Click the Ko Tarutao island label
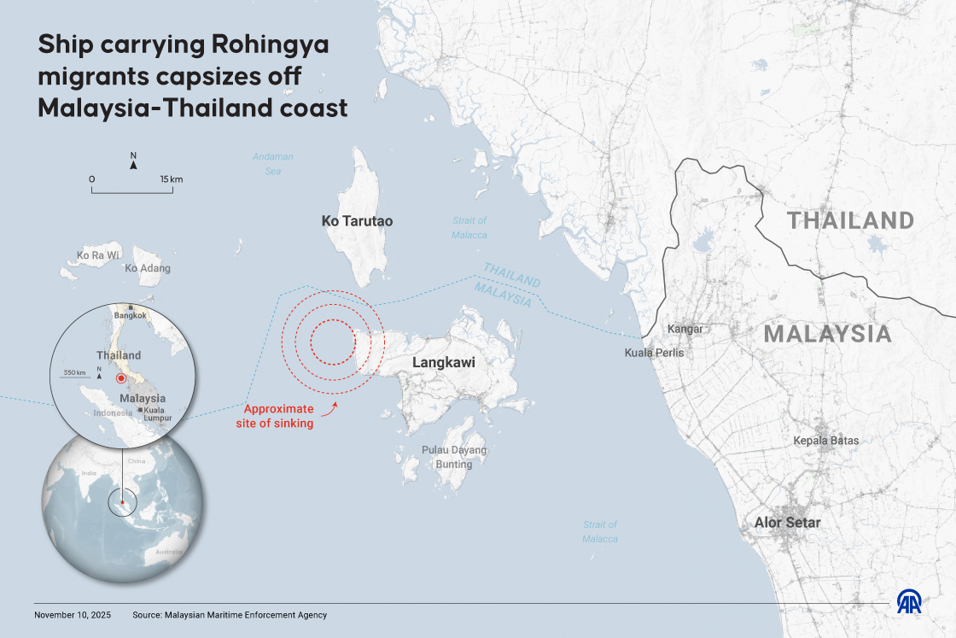click(x=357, y=221)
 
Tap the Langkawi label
click(x=443, y=363)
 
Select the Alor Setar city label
click(x=787, y=523)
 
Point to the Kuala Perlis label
click(x=654, y=353)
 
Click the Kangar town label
click(x=685, y=329)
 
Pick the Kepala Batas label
click(x=825, y=441)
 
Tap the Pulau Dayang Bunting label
click(x=453, y=457)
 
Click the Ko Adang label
click(x=148, y=268)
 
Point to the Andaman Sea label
click(x=272, y=164)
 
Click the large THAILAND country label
click(x=850, y=221)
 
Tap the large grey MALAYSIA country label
click(x=827, y=334)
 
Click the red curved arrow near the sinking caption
click(x=329, y=413)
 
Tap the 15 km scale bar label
click(x=171, y=179)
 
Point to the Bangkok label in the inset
click(x=131, y=315)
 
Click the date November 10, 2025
click(x=73, y=615)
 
